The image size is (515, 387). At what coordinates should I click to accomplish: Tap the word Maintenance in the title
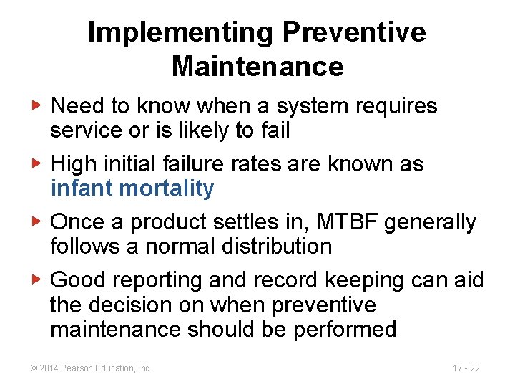257,67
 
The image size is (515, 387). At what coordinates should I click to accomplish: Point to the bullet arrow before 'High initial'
40,164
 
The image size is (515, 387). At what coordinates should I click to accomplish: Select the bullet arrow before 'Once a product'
40,222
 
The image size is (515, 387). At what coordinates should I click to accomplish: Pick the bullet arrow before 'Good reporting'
40,280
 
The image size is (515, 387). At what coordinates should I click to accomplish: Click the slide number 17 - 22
466,368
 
